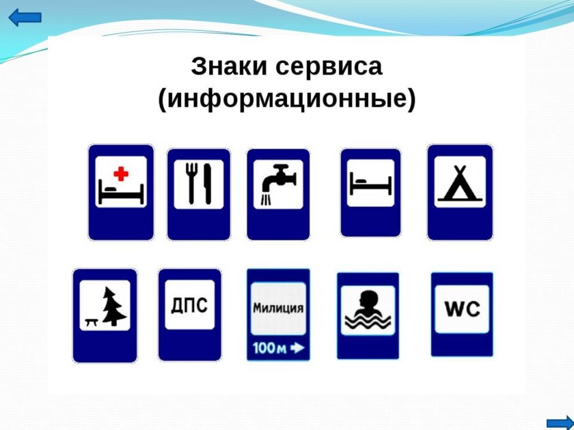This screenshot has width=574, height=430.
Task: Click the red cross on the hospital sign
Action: point(121,173)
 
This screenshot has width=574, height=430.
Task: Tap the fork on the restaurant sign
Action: point(191,183)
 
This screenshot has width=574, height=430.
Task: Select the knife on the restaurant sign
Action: point(208,184)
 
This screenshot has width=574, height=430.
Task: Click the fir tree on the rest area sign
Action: point(114,306)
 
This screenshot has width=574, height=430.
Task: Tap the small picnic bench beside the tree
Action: point(91,321)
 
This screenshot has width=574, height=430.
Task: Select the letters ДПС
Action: point(189,305)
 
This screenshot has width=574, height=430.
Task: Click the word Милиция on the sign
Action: point(278,309)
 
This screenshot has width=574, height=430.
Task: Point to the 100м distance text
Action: point(269,347)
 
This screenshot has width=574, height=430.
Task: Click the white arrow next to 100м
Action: point(297,347)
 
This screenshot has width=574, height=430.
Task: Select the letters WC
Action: point(462,309)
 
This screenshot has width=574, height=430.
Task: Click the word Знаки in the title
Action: point(229,67)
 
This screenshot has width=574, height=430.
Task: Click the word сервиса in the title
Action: point(329,67)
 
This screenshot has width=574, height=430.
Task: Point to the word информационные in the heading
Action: point(287,99)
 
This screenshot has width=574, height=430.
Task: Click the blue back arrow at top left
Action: point(25,18)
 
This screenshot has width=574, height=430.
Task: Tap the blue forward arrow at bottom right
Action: point(560,422)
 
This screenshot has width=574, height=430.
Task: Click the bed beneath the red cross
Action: point(121,194)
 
